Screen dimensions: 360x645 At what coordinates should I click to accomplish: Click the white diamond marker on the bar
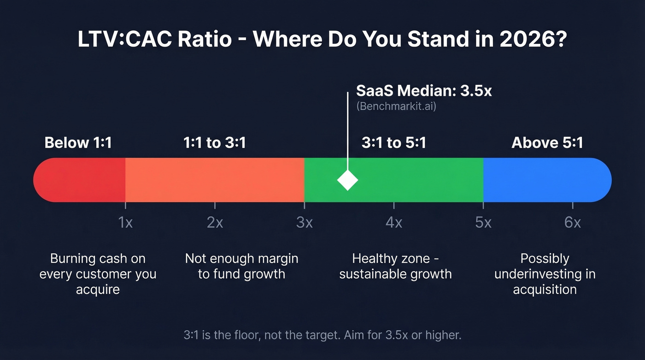347,180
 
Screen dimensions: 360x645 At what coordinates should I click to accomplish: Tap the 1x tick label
125,223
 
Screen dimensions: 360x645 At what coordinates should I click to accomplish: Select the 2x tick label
215,223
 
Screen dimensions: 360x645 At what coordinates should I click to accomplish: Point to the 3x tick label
304,223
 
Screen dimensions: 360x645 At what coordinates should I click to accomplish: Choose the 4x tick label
393,223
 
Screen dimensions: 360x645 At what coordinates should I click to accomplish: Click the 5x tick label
483,223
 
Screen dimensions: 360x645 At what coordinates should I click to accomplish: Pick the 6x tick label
572,223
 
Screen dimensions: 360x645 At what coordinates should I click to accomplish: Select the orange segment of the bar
215,180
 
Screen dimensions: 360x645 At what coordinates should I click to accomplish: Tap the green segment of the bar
415,180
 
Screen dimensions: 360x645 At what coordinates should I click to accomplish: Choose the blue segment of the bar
546,180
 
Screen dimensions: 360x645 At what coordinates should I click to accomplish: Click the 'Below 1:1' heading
78,143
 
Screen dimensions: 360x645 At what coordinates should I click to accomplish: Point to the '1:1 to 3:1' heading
215,143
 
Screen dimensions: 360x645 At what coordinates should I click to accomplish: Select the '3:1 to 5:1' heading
394,143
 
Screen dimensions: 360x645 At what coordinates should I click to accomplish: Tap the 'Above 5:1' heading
547,143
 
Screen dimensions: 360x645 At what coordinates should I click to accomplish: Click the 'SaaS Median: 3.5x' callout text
424,91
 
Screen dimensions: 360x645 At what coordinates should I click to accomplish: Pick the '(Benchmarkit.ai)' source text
396,106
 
